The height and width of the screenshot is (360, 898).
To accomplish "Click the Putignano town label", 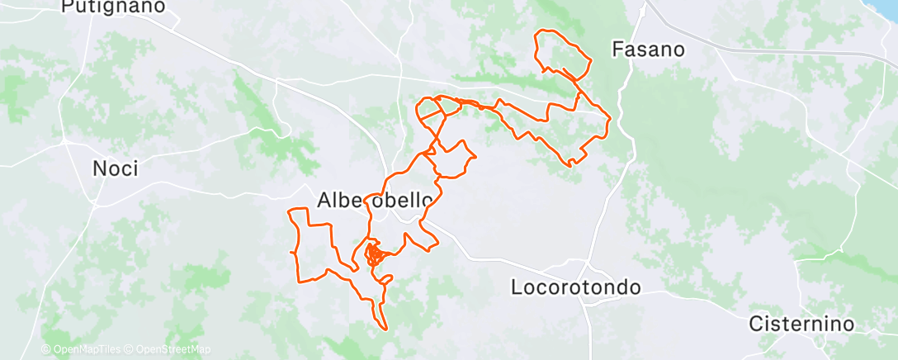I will coord(113,7).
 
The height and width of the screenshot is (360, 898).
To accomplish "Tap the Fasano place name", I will coord(648,50).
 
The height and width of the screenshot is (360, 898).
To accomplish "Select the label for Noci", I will coord(115,169).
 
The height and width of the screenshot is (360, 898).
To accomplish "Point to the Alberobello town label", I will coord(376,200).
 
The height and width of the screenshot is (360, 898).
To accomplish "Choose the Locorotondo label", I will coord(575,288).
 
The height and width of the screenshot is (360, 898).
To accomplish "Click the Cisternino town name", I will coord(801,324).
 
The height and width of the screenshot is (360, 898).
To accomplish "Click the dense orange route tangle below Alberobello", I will coord(375,253).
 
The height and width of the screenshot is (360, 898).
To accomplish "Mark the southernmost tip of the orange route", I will coord(384,329).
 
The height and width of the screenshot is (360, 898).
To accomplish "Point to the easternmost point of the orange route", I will coord(609,124).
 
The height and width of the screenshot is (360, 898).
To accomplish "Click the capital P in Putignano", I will coord(69,7).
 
